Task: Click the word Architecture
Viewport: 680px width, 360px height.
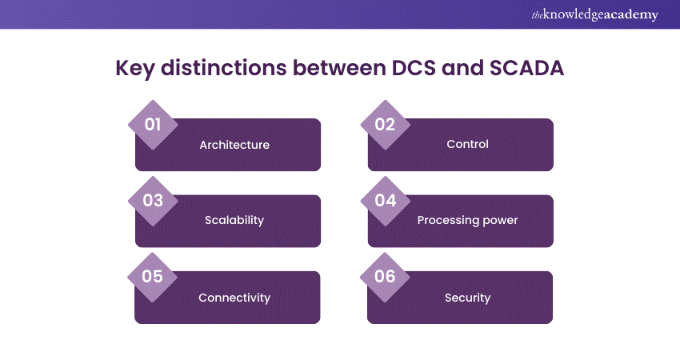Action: click(x=234, y=145)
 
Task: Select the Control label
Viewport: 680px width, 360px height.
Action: click(x=467, y=145)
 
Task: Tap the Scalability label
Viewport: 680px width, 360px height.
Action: click(x=234, y=221)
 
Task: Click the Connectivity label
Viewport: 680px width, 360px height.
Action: click(x=234, y=298)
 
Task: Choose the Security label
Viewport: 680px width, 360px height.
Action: click(x=467, y=298)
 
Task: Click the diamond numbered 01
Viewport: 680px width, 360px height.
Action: click(x=153, y=125)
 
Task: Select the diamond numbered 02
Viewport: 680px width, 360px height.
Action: click(x=386, y=125)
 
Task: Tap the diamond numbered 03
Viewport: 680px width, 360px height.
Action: click(x=153, y=201)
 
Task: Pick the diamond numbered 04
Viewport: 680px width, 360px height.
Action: click(x=386, y=201)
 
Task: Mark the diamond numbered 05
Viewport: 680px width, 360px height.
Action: click(x=153, y=277)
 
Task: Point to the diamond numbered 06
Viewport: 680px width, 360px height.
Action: click(x=386, y=277)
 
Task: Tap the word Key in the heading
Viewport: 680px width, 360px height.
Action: click(x=135, y=69)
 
